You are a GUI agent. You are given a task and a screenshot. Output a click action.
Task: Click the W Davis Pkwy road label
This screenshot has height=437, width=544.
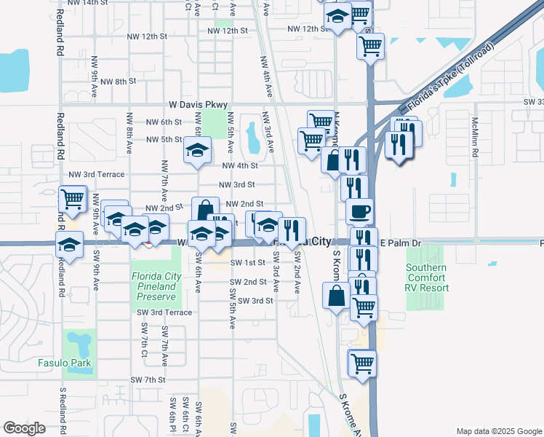pyautogui.click(x=198, y=105)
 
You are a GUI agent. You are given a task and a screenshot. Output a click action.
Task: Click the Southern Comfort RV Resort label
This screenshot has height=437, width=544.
pyautogui.click(x=427, y=277)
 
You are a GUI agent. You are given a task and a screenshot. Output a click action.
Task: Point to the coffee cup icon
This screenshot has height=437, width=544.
pyautogui.click(x=360, y=211)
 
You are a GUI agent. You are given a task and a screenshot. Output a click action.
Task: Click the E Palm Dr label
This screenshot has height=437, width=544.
pyautogui.click(x=400, y=243)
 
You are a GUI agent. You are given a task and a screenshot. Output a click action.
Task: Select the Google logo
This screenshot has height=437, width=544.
pyautogui.click(x=25, y=428)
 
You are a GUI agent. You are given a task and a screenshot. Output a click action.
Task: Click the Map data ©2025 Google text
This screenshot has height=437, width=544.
pyautogui.click(x=498, y=431)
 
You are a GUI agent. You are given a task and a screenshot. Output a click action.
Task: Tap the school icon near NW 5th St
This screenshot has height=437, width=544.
pyautogui.click(x=196, y=151)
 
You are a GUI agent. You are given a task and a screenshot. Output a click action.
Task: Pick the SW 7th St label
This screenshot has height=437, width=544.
pyautogui.click(x=149, y=380)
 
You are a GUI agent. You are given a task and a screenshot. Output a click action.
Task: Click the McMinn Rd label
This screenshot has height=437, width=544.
pyautogui.click(x=475, y=138)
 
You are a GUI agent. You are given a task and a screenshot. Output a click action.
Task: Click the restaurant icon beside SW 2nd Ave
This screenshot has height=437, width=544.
pyautogui.click(x=292, y=230)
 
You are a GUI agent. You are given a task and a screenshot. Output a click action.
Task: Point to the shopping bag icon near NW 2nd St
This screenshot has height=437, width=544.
pyautogui.click(x=205, y=210)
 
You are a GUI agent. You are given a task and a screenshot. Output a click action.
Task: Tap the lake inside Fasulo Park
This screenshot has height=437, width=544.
pyautogui.click(x=79, y=342)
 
